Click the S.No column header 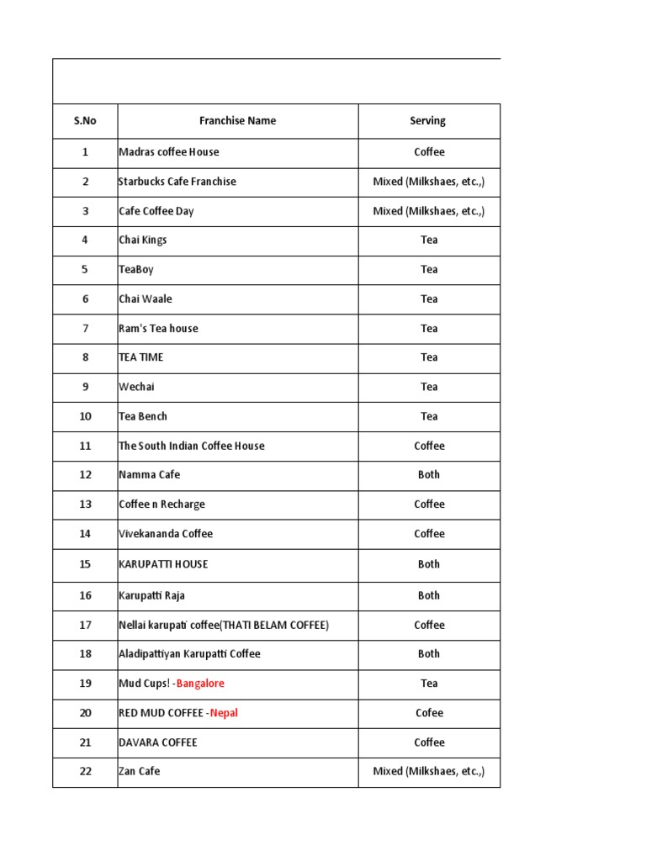click(85, 121)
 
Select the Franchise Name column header click(237, 121)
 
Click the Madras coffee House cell click(169, 152)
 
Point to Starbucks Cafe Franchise click(177, 182)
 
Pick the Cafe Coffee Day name click(156, 211)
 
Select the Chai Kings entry click(143, 240)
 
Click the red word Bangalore click(200, 684)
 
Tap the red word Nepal click(224, 713)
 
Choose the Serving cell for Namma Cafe click(429, 475)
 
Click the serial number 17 click(85, 626)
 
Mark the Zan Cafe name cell click(140, 771)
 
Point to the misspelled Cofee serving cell click(429, 713)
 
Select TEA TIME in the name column click(141, 357)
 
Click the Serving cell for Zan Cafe click(429, 771)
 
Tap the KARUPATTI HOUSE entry click(163, 564)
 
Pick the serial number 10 click(85, 416)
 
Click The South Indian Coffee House click(192, 446)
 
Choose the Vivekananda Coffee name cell click(166, 534)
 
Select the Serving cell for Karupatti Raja click(429, 595)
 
